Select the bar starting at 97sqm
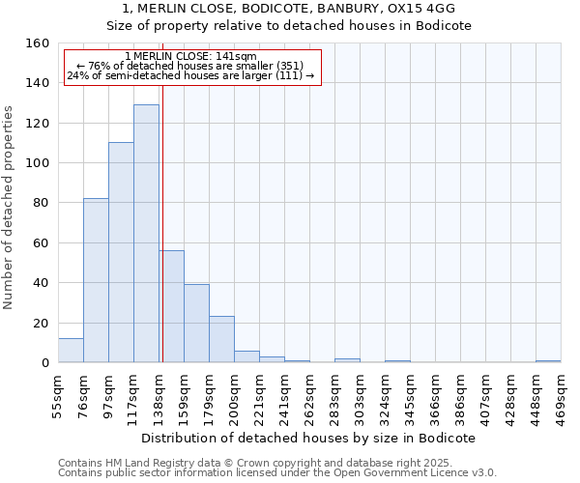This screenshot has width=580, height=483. click(121, 252)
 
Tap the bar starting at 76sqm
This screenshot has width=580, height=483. click(96, 280)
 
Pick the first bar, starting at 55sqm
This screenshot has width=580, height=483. click(71, 351)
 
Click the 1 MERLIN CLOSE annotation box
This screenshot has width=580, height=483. click(192, 67)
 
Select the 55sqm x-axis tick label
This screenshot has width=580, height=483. click(58, 395)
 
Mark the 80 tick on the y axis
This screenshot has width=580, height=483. click(42, 203)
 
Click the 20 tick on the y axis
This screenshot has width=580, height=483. click(42, 323)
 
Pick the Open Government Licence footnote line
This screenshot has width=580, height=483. click(277, 473)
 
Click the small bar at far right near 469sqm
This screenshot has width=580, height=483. click(548, 361)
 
